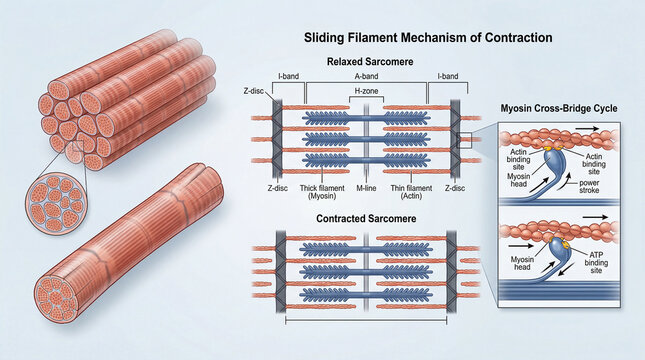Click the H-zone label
368,91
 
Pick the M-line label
368,186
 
